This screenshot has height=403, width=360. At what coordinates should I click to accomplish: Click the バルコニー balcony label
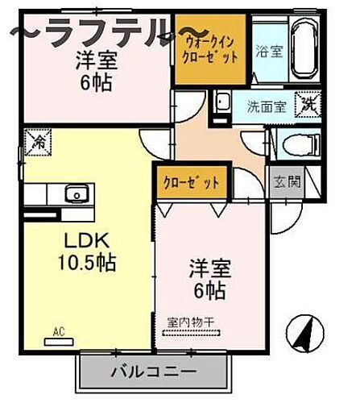pos(151,373)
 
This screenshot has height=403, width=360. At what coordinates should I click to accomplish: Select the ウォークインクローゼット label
pos(212,50)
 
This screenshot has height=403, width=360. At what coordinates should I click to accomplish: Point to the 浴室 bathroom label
pos(267,50)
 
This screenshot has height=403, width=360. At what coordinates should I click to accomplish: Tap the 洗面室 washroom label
pos(265,104)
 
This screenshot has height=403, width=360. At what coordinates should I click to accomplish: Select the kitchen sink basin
pos(77,194)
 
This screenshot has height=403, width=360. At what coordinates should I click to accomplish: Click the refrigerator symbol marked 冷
pos(38,143)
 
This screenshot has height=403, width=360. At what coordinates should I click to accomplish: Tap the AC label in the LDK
pos(59,330)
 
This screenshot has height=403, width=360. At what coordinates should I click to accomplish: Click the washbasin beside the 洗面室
pos(222,104)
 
